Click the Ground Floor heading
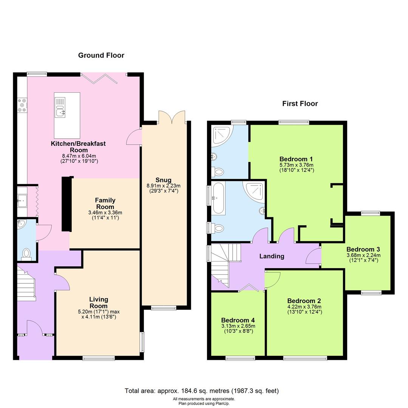101,56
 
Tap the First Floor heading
300,104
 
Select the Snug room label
164,180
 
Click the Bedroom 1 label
296,159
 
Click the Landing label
272,256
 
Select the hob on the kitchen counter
21,105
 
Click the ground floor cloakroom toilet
26,253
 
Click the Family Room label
105,203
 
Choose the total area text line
202,391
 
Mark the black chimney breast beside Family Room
66,204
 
